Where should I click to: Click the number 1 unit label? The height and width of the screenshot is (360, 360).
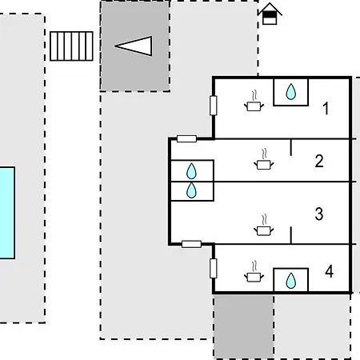(x=326, y=108)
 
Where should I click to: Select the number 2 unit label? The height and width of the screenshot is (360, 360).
(x=319, y=161)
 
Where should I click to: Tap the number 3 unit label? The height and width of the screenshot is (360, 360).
(x=319, y=214)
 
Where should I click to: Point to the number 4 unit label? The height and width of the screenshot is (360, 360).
(x=330, y=271)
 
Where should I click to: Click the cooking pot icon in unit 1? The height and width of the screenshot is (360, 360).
(x=254, y=102)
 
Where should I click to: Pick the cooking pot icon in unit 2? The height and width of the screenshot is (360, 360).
(x=264, y=159)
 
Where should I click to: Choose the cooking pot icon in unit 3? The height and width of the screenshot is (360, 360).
(x=264, y=226)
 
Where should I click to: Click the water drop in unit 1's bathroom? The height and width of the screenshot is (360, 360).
(x=291, y=91)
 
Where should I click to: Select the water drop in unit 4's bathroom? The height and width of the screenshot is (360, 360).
(x=291, y=281)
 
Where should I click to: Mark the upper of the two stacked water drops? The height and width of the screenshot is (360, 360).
(x=191, y=171)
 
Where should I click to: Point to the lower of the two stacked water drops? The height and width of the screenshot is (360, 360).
(x=191, y=190)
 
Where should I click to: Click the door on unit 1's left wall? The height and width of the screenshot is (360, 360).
(x=214, y=106)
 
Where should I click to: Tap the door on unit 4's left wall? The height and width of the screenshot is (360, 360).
(x=214, y=268)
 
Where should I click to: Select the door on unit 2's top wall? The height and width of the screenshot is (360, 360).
(x=186, y=138)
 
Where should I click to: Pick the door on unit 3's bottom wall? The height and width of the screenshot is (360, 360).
(x=191, y=244)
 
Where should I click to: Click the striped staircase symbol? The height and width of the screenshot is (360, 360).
(x=71, y=46)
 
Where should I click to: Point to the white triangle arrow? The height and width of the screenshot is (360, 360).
(x=134, y=46)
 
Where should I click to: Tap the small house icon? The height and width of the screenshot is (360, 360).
(x=270, y=14)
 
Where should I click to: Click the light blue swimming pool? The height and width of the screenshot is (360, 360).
(x=7, y=213)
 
